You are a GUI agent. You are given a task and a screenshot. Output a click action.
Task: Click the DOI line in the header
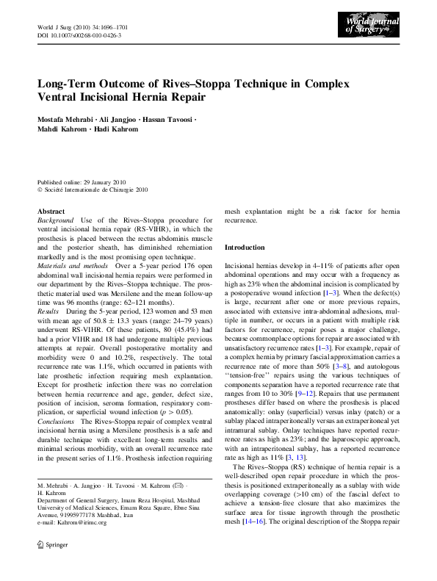pos(79,35)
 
